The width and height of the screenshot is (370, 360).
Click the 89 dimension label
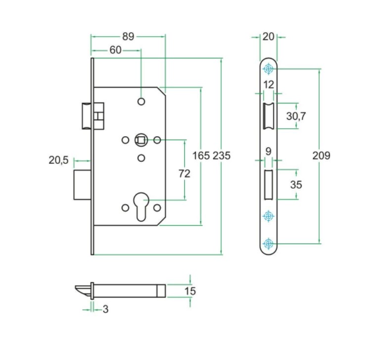128,37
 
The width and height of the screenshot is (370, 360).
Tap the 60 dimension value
115,50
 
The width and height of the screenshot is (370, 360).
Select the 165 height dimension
201,155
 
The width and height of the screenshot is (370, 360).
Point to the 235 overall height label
222,155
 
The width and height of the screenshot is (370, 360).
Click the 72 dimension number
184,174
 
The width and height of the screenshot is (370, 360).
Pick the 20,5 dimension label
58,160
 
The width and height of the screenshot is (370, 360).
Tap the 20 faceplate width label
269,37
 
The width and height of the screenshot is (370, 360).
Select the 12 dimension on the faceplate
268,85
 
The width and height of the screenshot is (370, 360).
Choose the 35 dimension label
296,185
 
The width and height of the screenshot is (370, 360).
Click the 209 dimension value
321,155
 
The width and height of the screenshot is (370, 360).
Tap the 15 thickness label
190,291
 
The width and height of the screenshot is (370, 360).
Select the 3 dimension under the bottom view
105,309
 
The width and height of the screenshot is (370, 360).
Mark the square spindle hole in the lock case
140,140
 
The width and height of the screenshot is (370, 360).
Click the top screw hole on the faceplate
269,68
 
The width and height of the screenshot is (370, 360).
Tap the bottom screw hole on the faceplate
269,243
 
